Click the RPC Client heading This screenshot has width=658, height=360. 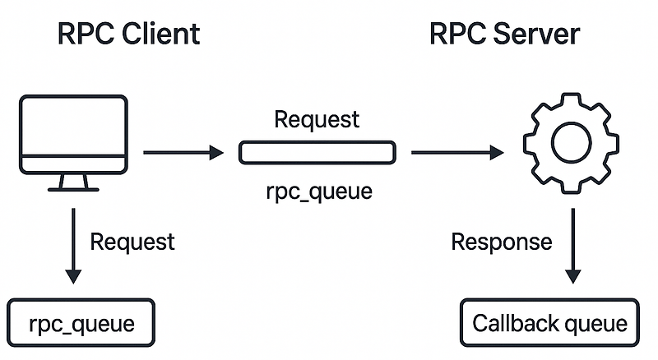tap(128, 34)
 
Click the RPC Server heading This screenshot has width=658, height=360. tap(504, 34)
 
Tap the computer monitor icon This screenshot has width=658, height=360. tap(74, 136)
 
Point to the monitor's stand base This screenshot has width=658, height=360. tap(74, 188)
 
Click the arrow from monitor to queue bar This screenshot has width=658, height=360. tap(183, 152)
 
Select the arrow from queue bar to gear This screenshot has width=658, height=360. tap(456, 152)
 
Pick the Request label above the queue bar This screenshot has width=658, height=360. tap(317, 119)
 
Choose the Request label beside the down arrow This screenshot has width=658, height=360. tap(132, 242)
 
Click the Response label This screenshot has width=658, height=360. tap(502, 242)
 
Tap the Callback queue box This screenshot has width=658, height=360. tap(549, 323)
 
